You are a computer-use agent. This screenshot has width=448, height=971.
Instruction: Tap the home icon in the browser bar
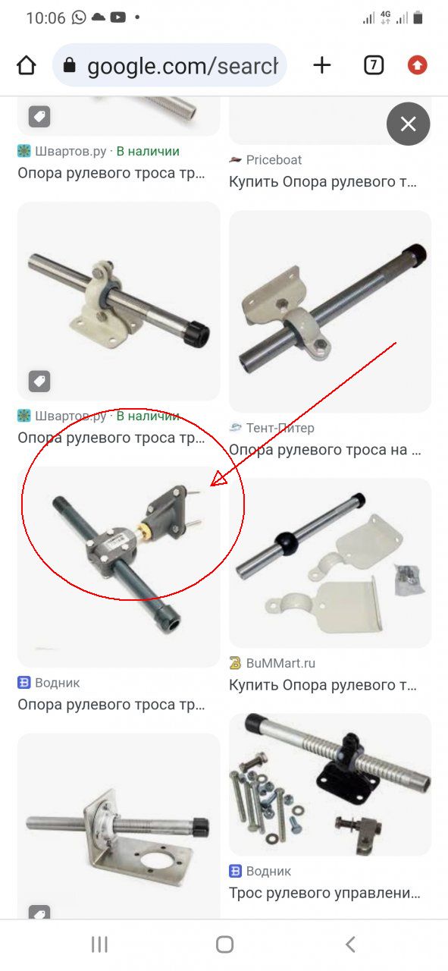[26, 65]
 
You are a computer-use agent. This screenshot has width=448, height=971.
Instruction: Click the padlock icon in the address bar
[69, 65]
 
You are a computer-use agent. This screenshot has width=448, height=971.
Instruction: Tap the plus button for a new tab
[322, 65]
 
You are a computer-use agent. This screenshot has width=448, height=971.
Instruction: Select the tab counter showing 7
[374, 65]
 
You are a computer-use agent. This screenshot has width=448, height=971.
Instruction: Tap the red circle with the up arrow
[417, 65]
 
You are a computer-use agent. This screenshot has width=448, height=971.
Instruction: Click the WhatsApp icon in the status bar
[79, 17]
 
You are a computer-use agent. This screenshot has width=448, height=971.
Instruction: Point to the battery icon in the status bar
[418, 17]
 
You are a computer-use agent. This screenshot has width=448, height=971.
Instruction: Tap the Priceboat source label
[274, 160]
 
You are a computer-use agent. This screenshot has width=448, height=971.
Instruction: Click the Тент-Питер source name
[280, 428]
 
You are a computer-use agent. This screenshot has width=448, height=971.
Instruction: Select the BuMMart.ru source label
[280, 663]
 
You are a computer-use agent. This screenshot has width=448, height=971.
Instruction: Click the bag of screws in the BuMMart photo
[407, 579]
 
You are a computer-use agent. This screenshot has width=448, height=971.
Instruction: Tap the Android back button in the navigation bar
[350, 944]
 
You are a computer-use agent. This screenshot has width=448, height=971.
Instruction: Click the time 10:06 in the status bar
[45, 17]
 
